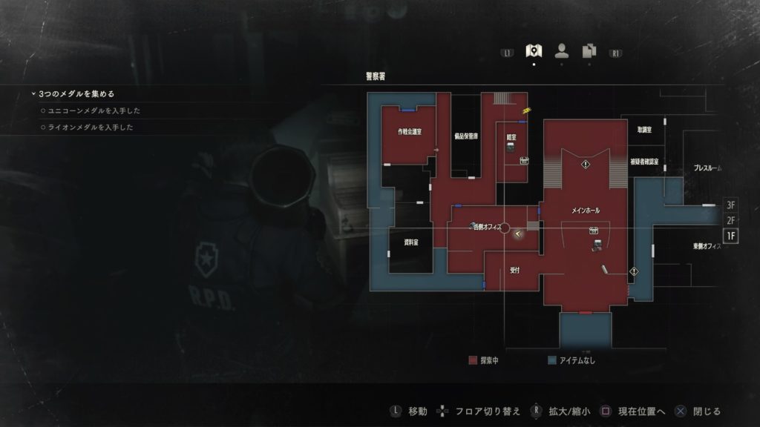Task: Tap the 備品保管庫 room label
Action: [x=465, y=137]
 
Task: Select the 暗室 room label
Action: [x=511, y=136]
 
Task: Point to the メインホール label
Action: [x=586, y=211]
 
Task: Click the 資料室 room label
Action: [x=410, y=242]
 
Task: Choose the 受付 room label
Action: [x=514, y=270]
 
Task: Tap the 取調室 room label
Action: [x=644, y=130]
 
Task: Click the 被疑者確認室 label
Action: [x=644, y=161]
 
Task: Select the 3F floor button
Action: [x=731, y=205]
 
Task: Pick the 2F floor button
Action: [x=731, y=220]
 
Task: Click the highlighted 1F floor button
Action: [x=731, y=236]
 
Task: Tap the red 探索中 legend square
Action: [x=473, y=360]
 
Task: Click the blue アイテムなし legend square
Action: [x=551, y=360]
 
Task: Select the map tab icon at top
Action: [x=533, y=50]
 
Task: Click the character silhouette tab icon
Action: [x=561, y=50]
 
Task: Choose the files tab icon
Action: [x=589, y=50]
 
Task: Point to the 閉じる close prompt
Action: [x=707, y=411]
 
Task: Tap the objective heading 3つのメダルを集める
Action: [x=76, y=94]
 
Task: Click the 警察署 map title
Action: [x=376, y=76]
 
